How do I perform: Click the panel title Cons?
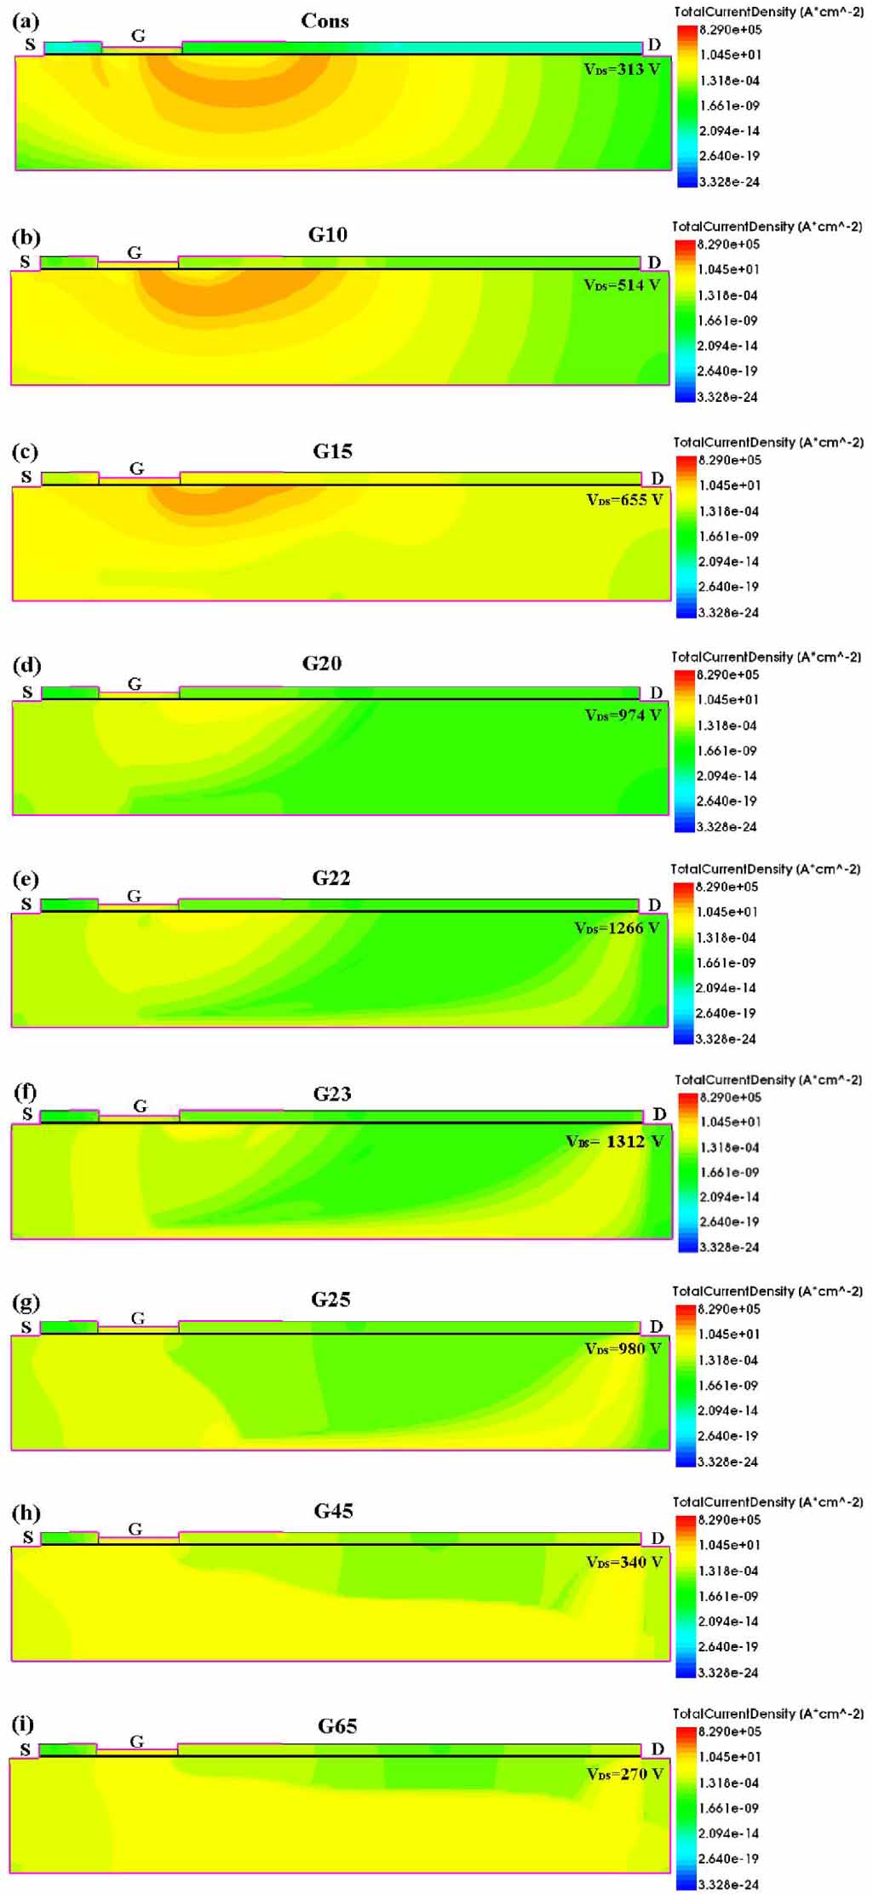tap(325, 21)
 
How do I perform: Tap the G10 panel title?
tap(328, 235)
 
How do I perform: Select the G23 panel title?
tap(331, 1094)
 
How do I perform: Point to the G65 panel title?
tap(337, 1726)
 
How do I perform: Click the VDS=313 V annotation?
tap(622, 69)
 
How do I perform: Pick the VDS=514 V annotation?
tap(622, 285)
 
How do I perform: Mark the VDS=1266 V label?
tap(617, 927)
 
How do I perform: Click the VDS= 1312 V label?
tap(615, 1141)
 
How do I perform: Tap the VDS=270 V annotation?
tap(624, 1774)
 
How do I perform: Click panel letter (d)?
tap(26, 665)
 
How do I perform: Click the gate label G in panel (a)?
tap(138, 36)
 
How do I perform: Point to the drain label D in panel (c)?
tap(657, 479)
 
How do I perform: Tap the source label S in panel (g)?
tap(26, 1328)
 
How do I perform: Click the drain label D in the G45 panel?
tap(657, 1538)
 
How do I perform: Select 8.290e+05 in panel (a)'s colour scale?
tap(730, 30)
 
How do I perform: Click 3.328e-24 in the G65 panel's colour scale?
tap(728, 1884)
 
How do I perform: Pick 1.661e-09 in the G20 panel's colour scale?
tap(727, 751)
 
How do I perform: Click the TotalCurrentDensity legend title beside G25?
tap(767, 1291)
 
